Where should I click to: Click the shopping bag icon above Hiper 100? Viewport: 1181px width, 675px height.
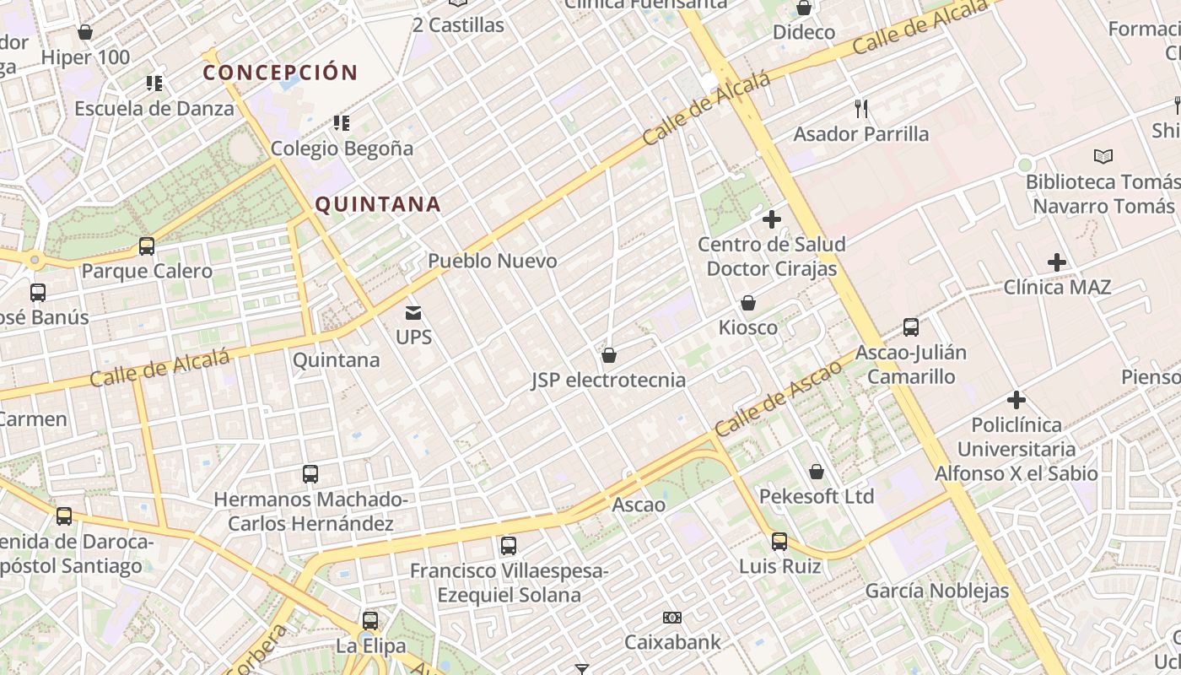click(84, 33)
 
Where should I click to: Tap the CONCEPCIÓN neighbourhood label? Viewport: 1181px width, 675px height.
click(280, 72)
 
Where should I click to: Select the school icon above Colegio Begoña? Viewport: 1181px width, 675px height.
click(342, 123)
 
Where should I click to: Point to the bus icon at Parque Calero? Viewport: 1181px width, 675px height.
click(147, 246)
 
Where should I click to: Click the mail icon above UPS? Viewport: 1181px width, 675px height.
click(413, 313)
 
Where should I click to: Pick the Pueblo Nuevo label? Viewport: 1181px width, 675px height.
click(493, 261)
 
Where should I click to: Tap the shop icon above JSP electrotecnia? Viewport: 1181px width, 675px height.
click(608, 355)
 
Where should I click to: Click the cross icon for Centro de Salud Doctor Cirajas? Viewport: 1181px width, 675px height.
click(771, 220)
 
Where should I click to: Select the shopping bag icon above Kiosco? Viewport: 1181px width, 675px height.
click(748, 303)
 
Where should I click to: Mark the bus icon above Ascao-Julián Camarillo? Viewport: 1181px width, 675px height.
click(911, 327)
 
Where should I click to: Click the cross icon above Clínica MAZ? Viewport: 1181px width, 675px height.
click(1056, 262)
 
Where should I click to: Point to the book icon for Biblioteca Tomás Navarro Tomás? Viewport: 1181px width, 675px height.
click(1103, 156)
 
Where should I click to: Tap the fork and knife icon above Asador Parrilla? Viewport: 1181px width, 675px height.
click(861, 109)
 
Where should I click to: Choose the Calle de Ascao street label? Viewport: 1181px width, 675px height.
click(779, 397)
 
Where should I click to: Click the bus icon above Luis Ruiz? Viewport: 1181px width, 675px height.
click(779, 541)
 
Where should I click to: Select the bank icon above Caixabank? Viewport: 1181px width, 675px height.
click(672, 618)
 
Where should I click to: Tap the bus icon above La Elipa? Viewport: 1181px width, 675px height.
click(370, 621)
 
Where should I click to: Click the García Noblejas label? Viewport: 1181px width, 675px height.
click(936, 591)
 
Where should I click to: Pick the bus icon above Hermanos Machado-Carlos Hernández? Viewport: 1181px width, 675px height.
click(310, 474)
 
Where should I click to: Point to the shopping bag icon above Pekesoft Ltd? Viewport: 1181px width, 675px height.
click(817, 472)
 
